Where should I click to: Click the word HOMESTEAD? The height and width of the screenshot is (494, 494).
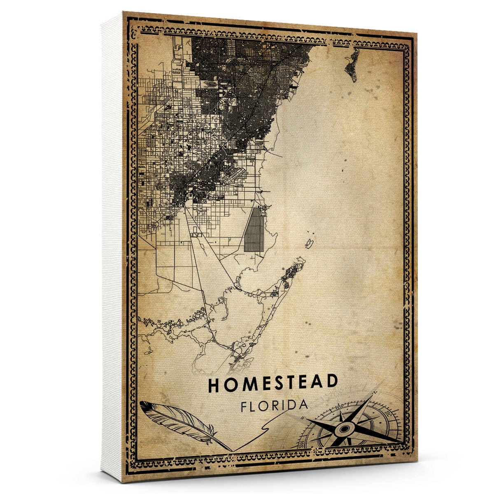click(x=273, y=383)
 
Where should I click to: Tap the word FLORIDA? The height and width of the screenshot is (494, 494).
click(x=275, y=405)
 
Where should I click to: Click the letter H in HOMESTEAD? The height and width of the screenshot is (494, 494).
click(x=214, y=384)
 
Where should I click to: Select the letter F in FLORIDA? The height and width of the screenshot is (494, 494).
click(x=244, y=406)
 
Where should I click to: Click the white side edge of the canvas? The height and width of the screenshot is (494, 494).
click(x=112, y=247)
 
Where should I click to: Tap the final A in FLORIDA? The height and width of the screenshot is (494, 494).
click(x=303, y=404)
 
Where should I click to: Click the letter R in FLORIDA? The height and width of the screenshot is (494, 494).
click(x=276, y=405)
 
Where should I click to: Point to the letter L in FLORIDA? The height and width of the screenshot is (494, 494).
click(x=254, y=405)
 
